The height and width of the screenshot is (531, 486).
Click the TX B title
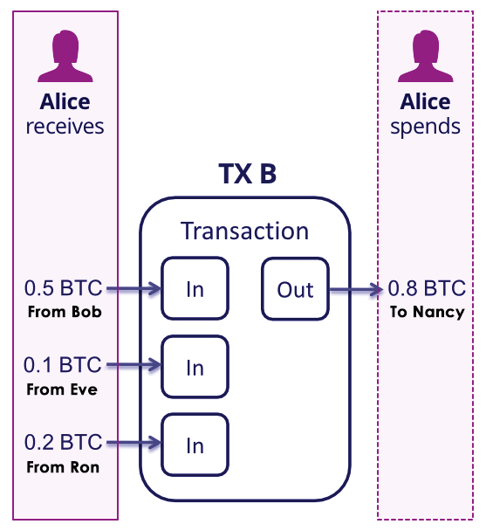pyautogui.click(x=247, y=173)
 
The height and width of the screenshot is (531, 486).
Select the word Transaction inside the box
pyautogui.click(x=244, y=231)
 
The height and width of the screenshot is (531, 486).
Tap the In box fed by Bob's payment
pyautogui.click(x=195, y=289)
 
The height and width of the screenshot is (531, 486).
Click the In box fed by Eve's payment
pyautogui.click(x=195, y=368)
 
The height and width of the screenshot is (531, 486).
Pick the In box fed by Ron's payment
pyautogui.click(x=195, y=445)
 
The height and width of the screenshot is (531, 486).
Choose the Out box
pyautogui.click(x=295, y=289)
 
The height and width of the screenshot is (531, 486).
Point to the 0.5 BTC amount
pyautogui.click(x=63, y=288)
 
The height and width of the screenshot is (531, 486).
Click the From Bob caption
pyautogui.click(x=63, y=312)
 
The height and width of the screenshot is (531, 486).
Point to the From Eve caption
pyautogui.click(x=63, y=390)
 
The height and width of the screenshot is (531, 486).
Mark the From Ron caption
pyautogui.click(x=63, y=467)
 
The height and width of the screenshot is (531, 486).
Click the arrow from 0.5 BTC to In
pyautogui.click(x=133, y=289)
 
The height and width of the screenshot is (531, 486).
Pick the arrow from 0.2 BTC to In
pyautogui.click(x=133, y=445)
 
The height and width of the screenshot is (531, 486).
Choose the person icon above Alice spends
pyautogui.click(x=426, y=57)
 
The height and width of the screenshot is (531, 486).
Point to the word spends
pyautogui.click(x=426, y=126)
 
